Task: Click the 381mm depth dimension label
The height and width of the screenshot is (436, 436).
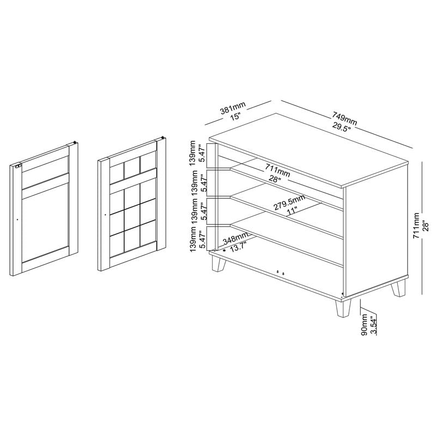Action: tap(233, 107)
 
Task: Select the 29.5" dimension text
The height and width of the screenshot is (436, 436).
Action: tap(342, 126)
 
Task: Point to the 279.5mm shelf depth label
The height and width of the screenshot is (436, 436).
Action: tap(289, 202)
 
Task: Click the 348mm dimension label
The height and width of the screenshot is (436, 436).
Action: tap(235, 239)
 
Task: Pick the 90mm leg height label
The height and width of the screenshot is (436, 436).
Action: tap(364, 324)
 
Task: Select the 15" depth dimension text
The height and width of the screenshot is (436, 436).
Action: tap(235, 116)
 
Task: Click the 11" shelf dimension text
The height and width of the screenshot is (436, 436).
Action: tap(293, 212)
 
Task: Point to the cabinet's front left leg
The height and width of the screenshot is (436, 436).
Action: tap(219, 263)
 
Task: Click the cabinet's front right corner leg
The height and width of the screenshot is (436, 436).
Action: tap(343, 308)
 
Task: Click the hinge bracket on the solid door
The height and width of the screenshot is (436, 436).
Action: tap(19, 167)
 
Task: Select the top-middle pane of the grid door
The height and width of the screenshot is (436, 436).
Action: tap(132, 168)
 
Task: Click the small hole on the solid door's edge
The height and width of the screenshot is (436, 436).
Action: tap(17, 220)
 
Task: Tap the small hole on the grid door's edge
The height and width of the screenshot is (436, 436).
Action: tap(105, 215)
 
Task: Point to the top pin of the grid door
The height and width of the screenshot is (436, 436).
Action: tap(163, 137)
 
